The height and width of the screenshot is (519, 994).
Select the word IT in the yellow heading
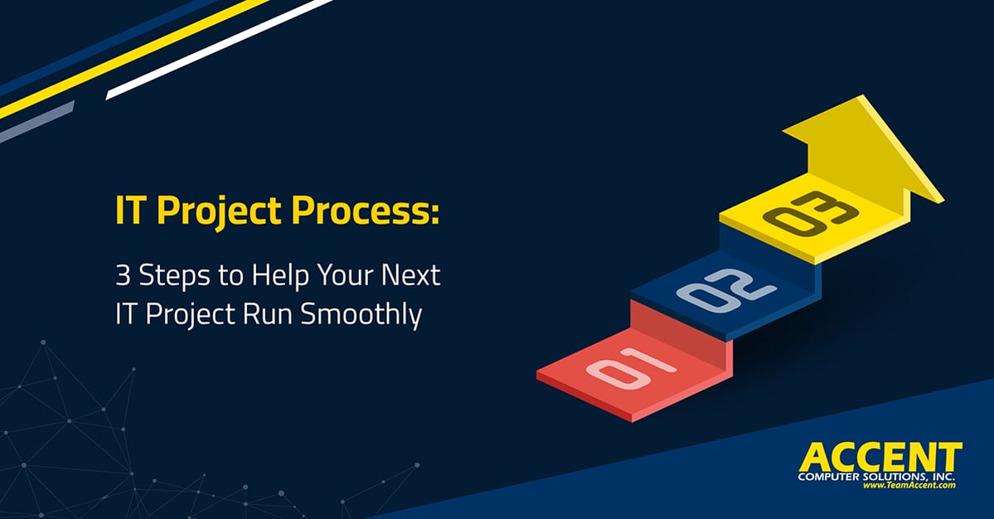tap(131, 211)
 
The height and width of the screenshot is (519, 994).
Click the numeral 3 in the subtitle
tap(123, 275)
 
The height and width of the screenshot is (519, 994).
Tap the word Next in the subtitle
tap(411, 275)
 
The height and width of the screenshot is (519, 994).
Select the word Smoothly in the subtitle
tap(361, 315)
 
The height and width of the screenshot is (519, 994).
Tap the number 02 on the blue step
tap(726, 289)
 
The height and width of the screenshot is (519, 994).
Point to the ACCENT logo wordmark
tap(880, 457)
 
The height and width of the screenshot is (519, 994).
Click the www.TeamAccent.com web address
tap(909, 485)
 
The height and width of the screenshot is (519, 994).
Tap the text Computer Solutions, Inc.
tap(876, 477)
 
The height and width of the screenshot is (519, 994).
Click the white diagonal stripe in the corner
tap(220, 50)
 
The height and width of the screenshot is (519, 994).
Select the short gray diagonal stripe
tap(36, 122)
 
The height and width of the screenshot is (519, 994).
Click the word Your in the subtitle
tap(347, 275)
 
